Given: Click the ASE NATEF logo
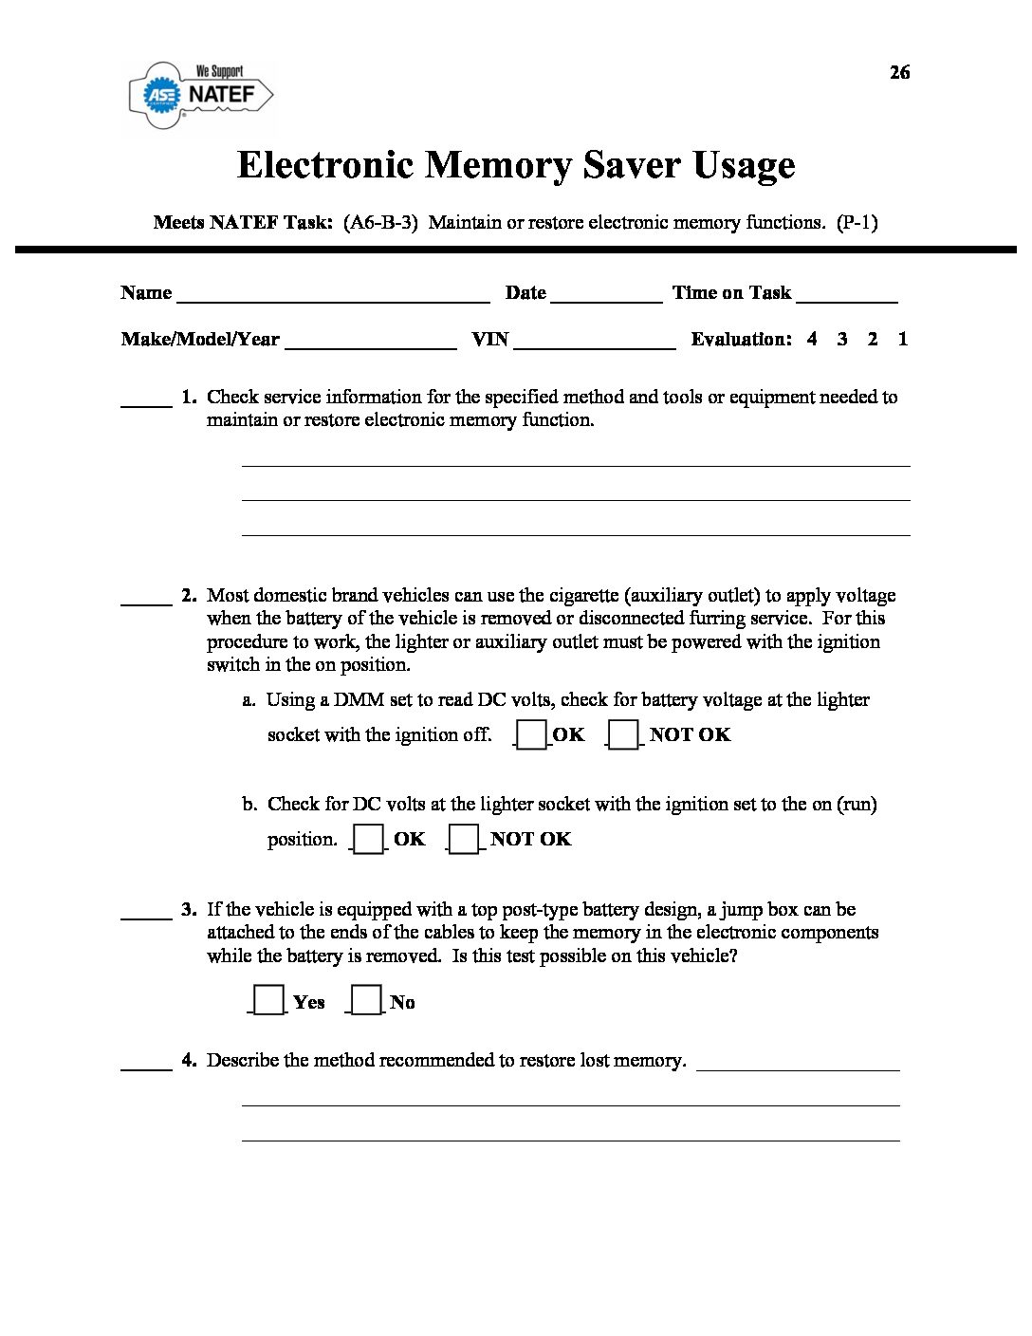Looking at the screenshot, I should (x=201, y=95).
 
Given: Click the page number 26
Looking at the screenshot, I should (x=899, y=73).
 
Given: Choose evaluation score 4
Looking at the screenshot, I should (x=812, y=339).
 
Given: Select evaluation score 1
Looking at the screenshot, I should (x=903, y=339).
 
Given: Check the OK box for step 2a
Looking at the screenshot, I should (x=532, y=735).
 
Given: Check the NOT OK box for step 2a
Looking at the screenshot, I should (x=623, y=735).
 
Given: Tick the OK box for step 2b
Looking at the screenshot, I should (x=369, y=840).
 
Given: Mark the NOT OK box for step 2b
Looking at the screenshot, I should (x=464, y=840).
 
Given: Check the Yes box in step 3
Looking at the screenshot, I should (x=268, y=1001).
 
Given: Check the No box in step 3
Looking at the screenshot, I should (x=366, y=1001).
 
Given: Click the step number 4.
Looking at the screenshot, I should (x=189, y=1060).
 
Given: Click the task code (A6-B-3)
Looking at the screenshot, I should (x=380, y=223).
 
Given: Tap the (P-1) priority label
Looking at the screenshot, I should (x=857, y=223).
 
